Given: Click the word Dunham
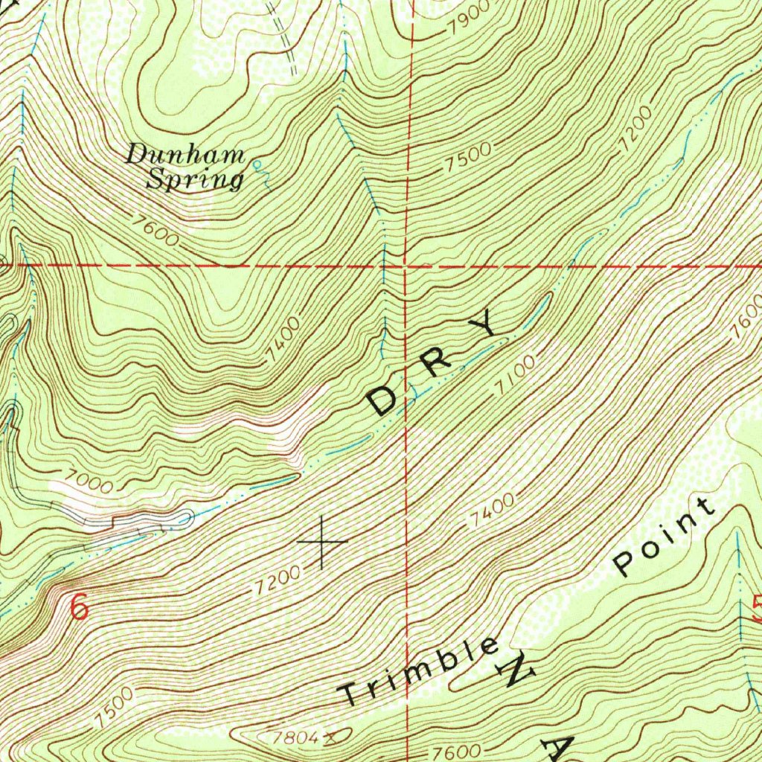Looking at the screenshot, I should coord(185,156).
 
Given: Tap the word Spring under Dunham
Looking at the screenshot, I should coord(194,179).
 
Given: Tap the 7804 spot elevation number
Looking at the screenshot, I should coord(297,737).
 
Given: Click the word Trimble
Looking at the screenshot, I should coord(420,671).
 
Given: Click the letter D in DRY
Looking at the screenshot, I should coord(385,400).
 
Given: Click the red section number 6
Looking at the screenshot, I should coord(80,606).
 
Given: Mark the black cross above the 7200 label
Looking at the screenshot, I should coord(321,542).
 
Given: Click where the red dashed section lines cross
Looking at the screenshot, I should coord(406,266).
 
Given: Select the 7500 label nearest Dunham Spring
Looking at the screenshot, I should coord(470,158).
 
